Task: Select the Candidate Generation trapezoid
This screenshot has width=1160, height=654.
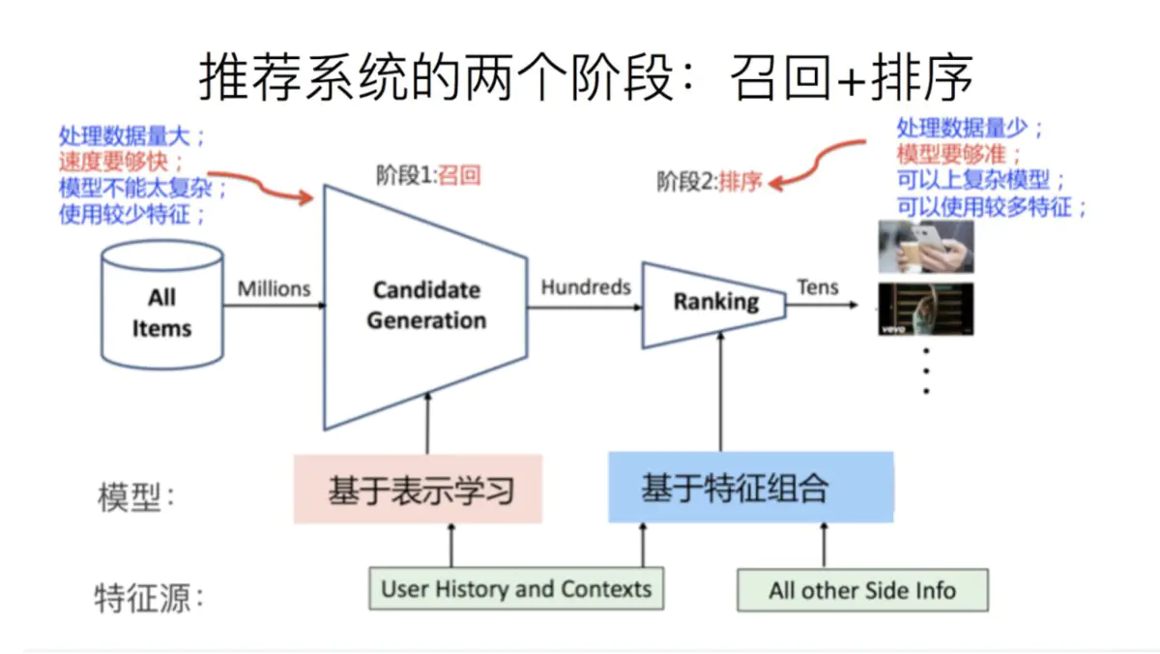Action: (x=425, y=306)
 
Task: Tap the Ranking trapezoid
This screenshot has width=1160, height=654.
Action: (x=714, y=303)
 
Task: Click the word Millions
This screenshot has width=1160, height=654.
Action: (x=275, y=288)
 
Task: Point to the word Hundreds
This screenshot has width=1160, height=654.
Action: (x=585, y=287)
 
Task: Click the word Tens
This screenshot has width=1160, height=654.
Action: (x=818, y=287)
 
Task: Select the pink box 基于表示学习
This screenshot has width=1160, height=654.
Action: (x=418, y=490)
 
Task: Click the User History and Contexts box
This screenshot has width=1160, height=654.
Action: (x=516, y=589)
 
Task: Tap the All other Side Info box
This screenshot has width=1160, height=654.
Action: (x=862, y=590)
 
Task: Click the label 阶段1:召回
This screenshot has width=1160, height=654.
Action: (x=428, y=175)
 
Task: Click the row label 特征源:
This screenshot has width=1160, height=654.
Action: (x=150, y=596)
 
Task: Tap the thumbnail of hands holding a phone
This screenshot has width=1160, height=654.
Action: (x=925, y=247)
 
